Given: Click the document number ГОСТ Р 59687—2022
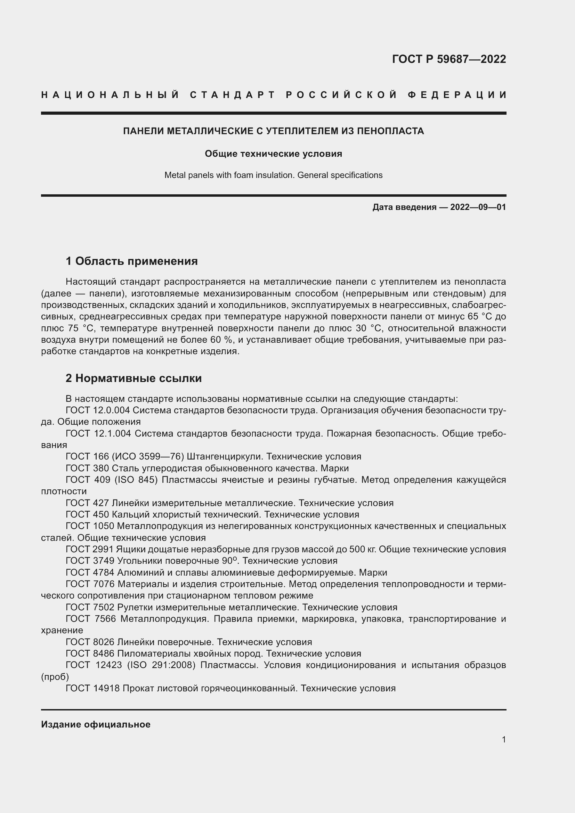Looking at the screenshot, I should tap(448, 59).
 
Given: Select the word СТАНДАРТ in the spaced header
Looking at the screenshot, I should tap(233, 95).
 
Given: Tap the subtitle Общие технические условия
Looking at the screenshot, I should tap(273, 154).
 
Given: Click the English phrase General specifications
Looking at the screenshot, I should tap(340, 175).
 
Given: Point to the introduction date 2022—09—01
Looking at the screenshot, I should tap(478, 207).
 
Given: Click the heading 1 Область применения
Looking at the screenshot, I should tap(132, 261).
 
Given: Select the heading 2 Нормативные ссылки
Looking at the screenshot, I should tap(133, 378).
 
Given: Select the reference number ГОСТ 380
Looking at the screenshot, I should tap(88, 468).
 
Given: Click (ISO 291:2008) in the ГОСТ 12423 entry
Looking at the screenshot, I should tap(161, 665).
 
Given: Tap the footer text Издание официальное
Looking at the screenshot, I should tap(96, 724).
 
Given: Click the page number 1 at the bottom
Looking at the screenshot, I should tap(503, 739).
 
